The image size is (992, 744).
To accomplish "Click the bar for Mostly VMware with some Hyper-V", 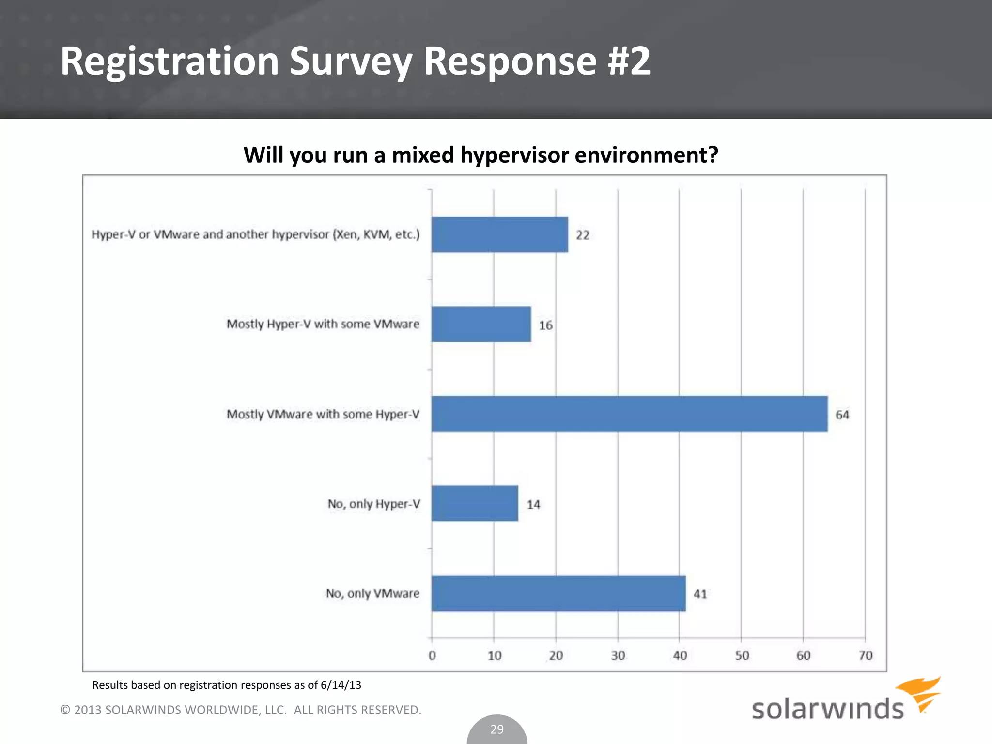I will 629,414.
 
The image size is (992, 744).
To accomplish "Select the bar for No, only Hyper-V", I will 475,504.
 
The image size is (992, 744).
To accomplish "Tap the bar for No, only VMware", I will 558,593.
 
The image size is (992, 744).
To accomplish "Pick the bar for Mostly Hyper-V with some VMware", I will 481,324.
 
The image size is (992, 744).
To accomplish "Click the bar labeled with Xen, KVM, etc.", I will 499,234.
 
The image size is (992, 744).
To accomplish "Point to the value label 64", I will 842,415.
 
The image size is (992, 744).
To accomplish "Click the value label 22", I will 582,235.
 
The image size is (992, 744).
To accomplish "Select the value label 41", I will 700,594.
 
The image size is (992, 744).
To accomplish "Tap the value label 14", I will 533,505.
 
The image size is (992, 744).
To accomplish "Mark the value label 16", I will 545,325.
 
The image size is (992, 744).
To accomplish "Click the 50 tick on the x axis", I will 742,656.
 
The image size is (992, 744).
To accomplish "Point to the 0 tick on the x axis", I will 432,656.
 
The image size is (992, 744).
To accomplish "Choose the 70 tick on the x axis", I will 865,656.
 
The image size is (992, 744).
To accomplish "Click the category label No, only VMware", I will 372,593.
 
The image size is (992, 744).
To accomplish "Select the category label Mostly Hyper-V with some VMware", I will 323,324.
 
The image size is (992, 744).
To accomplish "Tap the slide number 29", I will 497,729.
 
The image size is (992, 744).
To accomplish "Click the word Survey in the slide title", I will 351,62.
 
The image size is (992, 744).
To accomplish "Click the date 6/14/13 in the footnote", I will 341,685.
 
